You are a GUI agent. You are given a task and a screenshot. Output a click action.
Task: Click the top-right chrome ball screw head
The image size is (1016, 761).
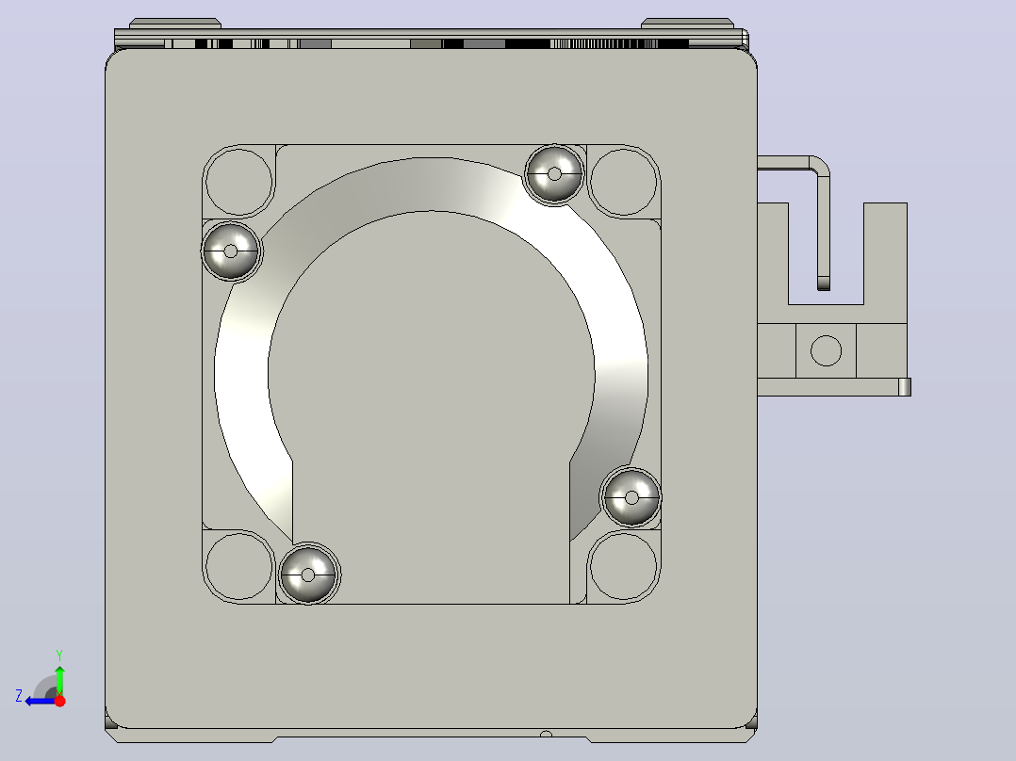[x=554, y=173]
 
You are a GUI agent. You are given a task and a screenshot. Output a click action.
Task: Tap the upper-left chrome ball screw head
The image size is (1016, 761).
[x=231, y=251]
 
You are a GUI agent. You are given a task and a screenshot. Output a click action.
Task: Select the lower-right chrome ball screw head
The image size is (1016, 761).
[x=631, y=497]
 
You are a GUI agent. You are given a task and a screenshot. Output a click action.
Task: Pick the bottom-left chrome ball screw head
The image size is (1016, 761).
[x=308, y=575]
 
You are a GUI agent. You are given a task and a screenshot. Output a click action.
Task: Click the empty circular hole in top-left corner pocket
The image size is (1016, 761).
[x=238, y=182]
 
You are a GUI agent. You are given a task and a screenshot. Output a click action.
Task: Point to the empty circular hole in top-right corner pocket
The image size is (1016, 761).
[x=623, y=182]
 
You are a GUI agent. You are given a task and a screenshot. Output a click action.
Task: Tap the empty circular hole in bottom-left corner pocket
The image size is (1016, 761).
[x=238, y=566]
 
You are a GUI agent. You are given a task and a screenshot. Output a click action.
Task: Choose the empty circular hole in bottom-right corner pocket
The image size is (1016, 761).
[x=623, y=566]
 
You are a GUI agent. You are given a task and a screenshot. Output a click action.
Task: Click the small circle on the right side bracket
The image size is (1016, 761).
[x=827, y=350]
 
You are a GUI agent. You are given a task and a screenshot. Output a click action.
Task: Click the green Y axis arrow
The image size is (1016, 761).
[x=59, y=680]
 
